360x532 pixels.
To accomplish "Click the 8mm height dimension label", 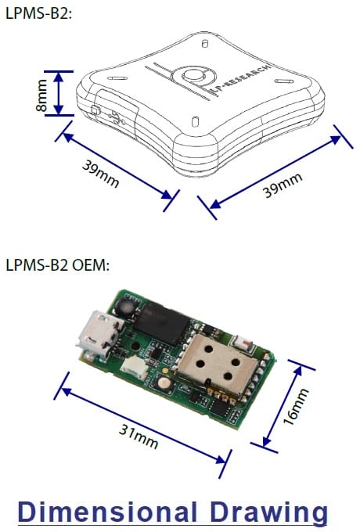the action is click(41, 95).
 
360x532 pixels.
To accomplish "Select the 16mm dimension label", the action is click(296, 407).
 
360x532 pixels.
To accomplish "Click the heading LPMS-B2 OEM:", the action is click(58, 265).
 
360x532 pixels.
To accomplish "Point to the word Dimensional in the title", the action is click(107, 512).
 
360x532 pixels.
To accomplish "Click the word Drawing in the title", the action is click(268, 512).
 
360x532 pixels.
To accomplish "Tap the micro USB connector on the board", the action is click(99, 335).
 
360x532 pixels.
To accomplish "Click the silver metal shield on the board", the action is click(217, 364).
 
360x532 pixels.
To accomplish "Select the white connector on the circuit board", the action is click(134, 368).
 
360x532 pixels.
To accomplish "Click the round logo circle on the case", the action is click(194, 77).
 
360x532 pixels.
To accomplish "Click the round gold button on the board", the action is click(164, 383).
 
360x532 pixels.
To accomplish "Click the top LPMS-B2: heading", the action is click(39, 13).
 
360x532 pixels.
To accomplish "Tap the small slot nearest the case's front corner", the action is click(195, 121).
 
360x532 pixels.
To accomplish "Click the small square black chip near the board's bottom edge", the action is click(220, 407).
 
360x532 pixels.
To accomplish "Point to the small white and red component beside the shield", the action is click(244, 343).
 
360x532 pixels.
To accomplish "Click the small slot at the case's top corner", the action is click(204, 44).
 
